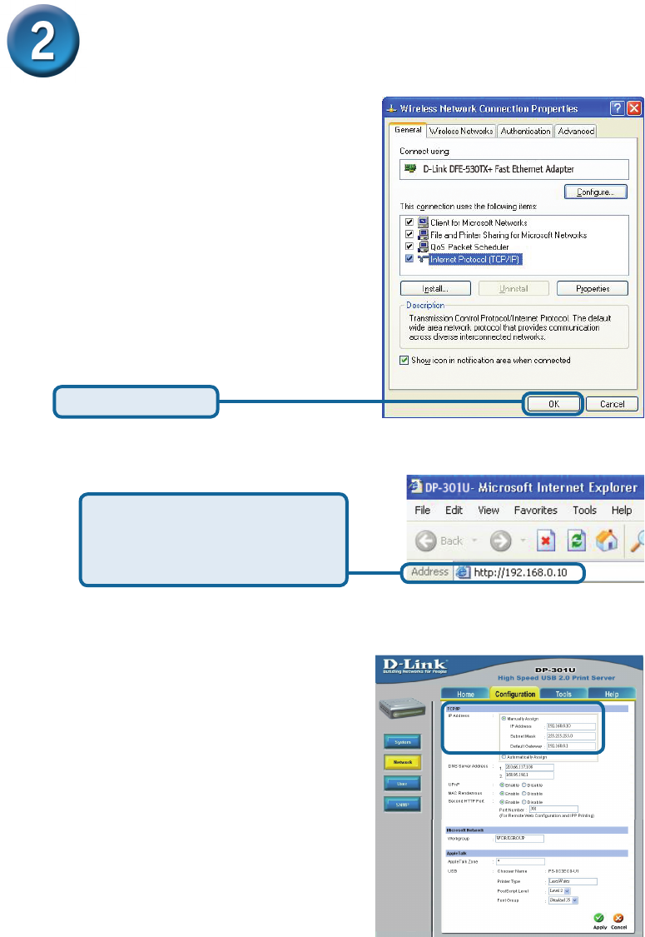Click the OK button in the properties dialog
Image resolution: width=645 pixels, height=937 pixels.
[553, 404]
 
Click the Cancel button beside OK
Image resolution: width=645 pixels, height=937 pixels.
[612, 404]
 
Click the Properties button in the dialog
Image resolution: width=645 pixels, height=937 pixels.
[593, 288]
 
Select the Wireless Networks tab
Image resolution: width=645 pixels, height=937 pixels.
[461, 131]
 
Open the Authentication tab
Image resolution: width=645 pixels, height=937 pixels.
[525, 131]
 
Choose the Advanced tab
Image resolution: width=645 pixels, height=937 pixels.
[576, 131]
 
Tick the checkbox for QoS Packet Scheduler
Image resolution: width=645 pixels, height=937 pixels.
[409, 247]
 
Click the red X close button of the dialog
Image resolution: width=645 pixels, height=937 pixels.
[634, 108]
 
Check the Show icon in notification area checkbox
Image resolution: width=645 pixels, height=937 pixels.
[405, 360]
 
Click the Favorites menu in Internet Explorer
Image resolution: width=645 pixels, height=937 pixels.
[535, 511]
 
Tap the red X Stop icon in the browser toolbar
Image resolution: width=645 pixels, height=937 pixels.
[545, 541]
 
